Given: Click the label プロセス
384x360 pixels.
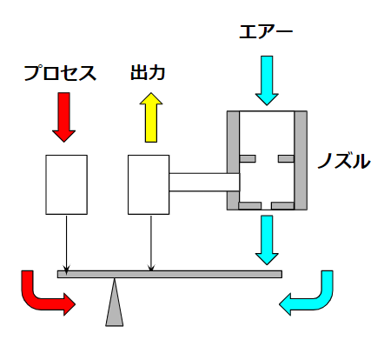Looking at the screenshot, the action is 60,73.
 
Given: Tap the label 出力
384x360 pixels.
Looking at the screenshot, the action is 148,72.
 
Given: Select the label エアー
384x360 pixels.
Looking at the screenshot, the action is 266,31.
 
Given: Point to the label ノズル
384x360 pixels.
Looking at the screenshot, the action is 344,161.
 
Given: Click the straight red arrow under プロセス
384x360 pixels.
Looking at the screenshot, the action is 64,117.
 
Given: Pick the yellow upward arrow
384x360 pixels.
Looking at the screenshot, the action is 151,117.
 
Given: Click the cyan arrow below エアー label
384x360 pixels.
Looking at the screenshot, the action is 267,80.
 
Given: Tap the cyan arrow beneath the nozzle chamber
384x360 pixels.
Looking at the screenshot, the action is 267,240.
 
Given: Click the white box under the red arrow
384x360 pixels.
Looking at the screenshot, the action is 66,184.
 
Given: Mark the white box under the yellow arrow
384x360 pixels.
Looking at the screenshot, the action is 149,184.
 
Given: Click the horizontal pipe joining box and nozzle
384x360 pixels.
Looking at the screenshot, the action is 204,182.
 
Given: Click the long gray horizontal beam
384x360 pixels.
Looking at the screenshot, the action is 169,274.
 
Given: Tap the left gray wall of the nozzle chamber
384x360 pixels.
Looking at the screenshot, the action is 233,160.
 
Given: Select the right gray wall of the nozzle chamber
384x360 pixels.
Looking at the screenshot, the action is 301,160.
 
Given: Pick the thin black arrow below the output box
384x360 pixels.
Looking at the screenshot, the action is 151,243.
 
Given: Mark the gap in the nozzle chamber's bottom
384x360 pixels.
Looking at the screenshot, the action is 267,206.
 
